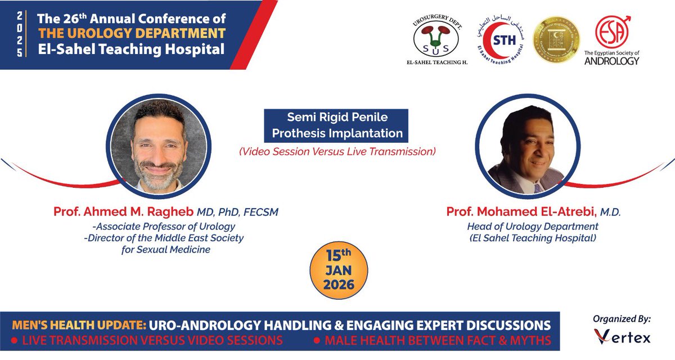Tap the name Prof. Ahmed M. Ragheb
pyautogui.click(x=123, y=211)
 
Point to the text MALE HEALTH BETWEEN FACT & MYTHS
pyautogui.click(x=434, y=341)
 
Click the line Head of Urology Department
pyautogui.click(x=532, y=226)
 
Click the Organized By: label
pyautogui.click(x=622, y=318)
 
